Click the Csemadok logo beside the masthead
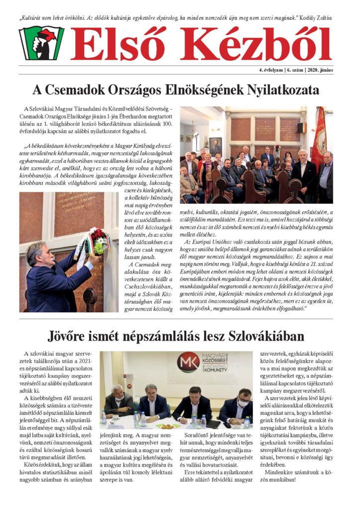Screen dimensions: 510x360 [41, 43]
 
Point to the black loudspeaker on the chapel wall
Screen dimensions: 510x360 [302, 127]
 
